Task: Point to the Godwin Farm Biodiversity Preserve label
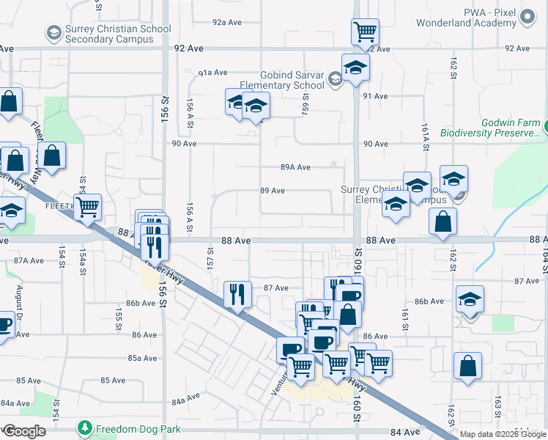coord(489,128)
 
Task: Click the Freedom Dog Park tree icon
coord(85,427)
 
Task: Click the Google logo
coord(24,431)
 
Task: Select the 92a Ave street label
coord(227,23)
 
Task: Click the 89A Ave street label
coord(296,167)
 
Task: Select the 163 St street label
coord(497,404)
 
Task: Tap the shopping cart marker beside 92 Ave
coord(364,32)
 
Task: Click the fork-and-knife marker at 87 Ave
coord(237,294)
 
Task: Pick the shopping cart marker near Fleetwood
coord(88,207)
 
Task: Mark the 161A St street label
coord(424,137)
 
